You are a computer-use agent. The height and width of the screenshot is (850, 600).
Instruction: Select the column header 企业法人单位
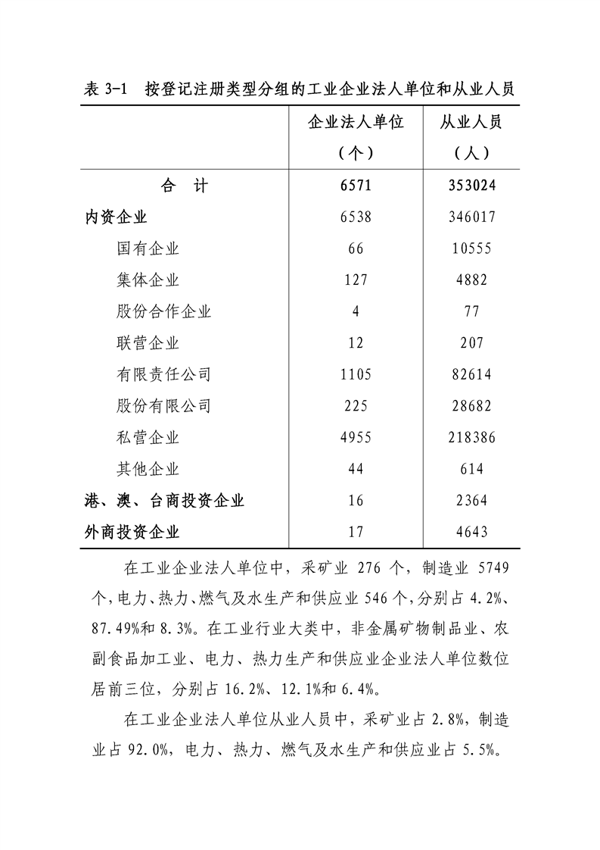point(356,123)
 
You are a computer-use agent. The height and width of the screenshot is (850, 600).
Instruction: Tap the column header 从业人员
point(471,123)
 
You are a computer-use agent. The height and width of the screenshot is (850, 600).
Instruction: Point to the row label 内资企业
point(116,217)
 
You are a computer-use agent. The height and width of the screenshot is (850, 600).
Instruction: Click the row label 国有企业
point(148,248)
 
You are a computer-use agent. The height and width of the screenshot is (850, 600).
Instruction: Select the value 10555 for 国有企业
point(471,248)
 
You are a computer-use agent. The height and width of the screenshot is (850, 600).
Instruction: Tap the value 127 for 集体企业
point(356,280)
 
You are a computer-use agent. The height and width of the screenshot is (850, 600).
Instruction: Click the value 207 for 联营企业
point(471,343)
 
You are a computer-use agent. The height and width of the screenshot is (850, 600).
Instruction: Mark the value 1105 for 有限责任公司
point(356,375)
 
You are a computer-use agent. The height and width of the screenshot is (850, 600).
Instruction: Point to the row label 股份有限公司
point(164,406)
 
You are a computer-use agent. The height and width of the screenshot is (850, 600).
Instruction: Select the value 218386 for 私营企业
point(471,438)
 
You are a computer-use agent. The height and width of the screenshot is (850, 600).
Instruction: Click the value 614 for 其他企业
point(471,470)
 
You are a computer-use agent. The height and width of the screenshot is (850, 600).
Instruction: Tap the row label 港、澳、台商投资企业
point(164,501)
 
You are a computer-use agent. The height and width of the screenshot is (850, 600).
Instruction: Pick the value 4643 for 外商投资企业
point(471,532)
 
